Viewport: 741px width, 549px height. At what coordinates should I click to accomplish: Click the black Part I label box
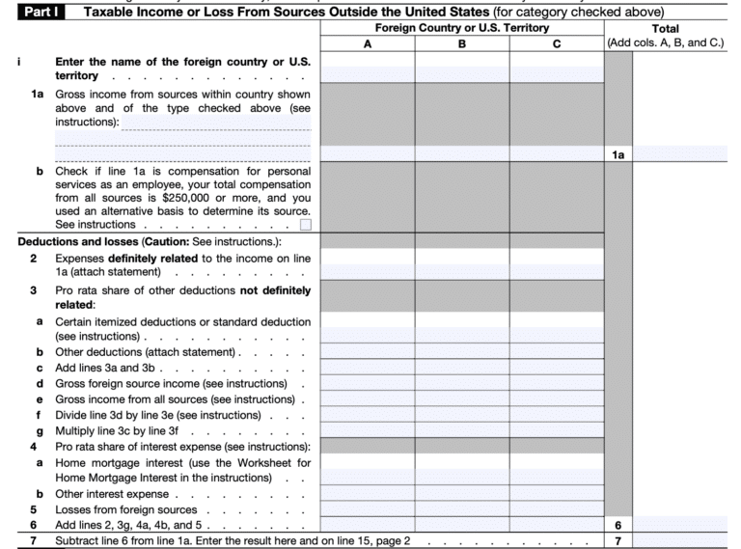click(38, 12)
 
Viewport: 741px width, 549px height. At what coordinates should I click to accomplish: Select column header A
click(367, 43)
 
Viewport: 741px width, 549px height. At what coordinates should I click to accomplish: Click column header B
click(461, 43)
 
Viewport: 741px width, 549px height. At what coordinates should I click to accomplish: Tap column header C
click(557, 43)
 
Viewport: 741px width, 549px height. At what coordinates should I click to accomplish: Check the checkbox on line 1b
click(306, 225)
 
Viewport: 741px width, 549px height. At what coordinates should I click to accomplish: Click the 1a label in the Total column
click(617, 153)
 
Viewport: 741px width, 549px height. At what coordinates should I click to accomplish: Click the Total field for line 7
click(685, 540)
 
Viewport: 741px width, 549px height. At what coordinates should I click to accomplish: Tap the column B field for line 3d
click(461, 384)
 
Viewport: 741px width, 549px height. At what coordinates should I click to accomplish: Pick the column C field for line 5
click(557, 508)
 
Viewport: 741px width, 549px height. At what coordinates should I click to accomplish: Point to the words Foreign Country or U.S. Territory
click(461, 29)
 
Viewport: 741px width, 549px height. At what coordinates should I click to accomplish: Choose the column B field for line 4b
click(461, 493)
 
